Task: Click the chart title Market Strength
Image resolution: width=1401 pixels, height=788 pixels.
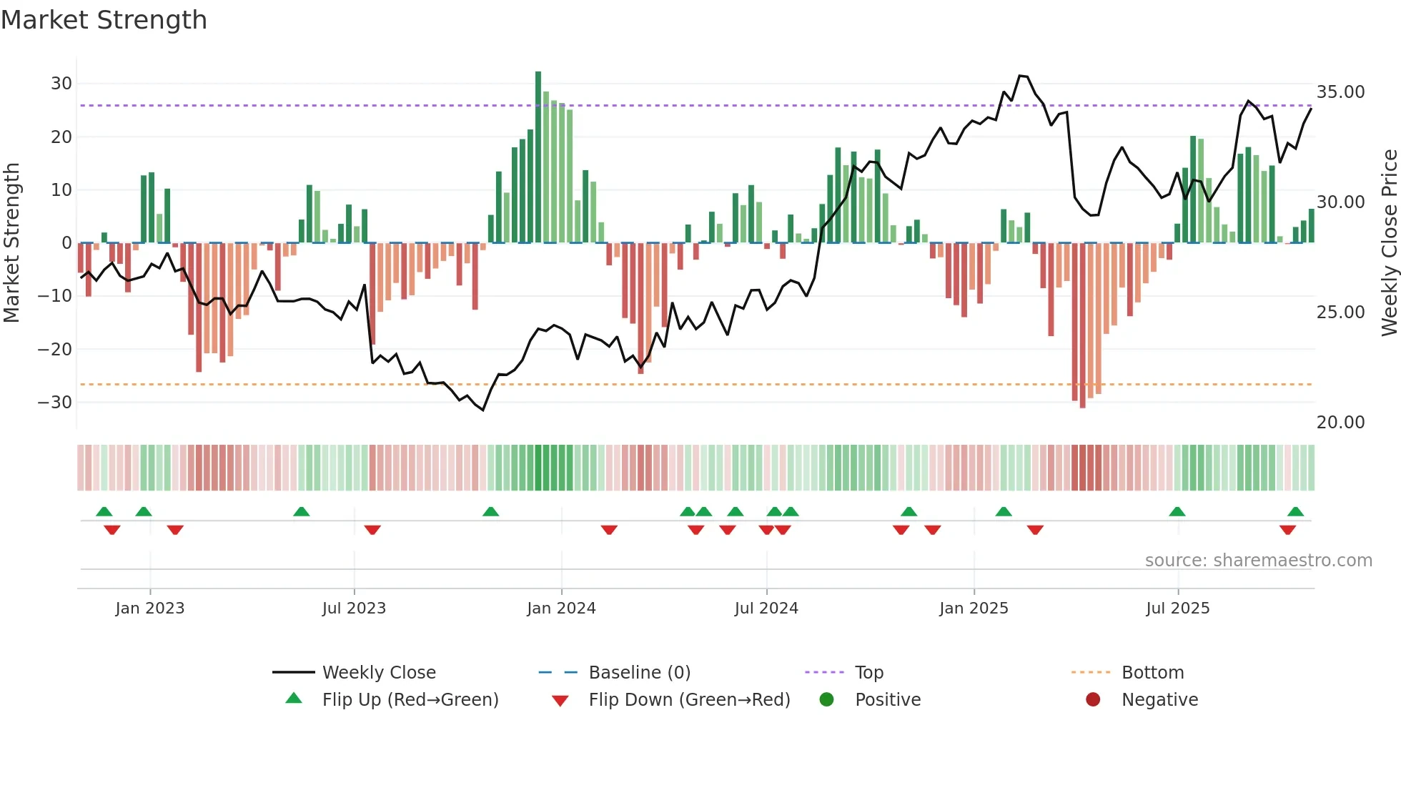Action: (104, 20)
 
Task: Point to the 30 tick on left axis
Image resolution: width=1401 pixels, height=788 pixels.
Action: (61, 84)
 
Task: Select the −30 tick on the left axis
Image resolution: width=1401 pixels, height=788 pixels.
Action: (56, 403)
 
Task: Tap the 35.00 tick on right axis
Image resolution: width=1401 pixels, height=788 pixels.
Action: (1340, 92)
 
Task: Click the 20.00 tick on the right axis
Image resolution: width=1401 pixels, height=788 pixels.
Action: (1340, 423)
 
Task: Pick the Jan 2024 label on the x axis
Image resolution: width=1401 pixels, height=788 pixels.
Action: (561, 609)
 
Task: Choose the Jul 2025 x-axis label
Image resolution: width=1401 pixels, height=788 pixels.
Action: (1177, 609)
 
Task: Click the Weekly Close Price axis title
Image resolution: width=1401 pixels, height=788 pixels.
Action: (1389, 243)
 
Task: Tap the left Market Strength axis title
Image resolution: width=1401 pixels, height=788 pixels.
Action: (12, 243)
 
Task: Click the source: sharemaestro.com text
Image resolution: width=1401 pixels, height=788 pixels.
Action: (1258, 561)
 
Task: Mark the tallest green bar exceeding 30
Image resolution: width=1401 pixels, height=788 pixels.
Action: (538, 157)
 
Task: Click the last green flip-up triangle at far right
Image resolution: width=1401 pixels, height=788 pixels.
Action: (1295, 512)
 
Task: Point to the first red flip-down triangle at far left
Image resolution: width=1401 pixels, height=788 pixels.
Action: (112, 530)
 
